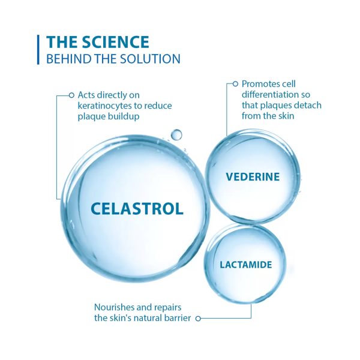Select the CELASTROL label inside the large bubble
coord(137,208)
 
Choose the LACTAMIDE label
coord(246,264)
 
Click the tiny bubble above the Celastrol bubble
coord(176,134)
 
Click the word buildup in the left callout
coord(125,116)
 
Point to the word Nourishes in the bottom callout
coord(115,307)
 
